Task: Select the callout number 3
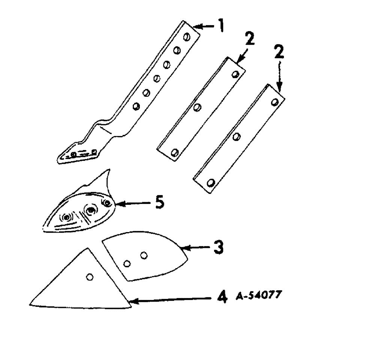(x=219, y=247)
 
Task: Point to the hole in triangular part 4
(x=89, y=277)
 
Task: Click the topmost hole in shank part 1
(x=187, y=37)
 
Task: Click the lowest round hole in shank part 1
(x=136, y=106)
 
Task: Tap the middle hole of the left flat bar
(x=196, y=108)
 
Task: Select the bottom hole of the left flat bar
(x=174, y=153)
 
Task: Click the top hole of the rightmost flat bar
(x=275, y=102)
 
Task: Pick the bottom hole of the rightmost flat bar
(x=210, y=183)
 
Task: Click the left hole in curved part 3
(x=127, y=264)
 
